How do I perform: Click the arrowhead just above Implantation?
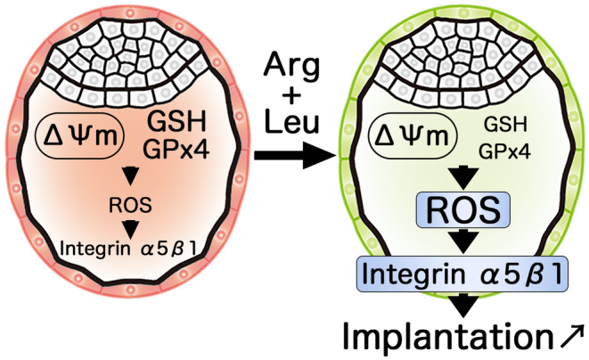click(462, 307)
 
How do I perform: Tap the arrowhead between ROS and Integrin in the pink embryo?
click(131, 225)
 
